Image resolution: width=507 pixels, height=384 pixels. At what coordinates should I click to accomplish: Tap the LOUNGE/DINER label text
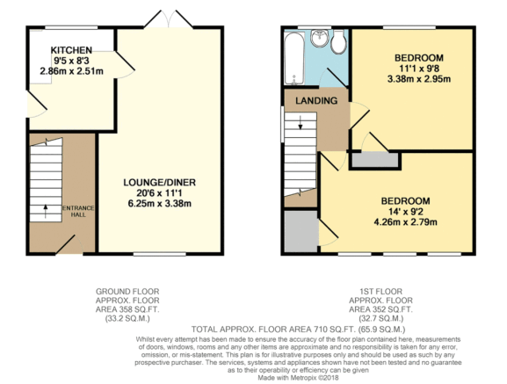click(159, 182)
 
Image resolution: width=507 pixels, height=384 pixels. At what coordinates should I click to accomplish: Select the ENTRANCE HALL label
click(83, 213)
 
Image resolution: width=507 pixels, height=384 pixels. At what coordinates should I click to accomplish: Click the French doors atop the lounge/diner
click(159, 19)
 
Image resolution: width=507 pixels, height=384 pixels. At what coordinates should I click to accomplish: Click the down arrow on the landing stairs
click(301, 127)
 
